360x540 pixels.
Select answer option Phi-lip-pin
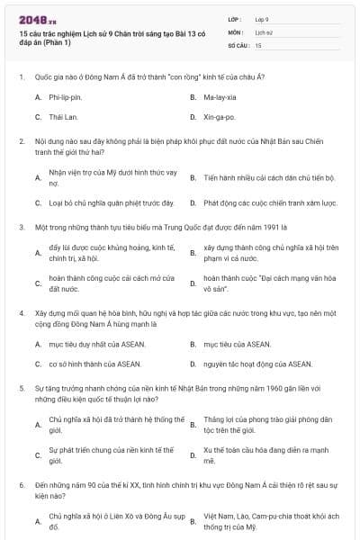pyautogui.click(x=65, y=95)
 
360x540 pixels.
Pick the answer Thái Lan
pyautogui.click(x=64, y=117)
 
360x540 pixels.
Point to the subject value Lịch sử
pyautogui.click(x=264, y=31)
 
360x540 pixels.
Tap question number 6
pyautogui.click(x=21, y=483)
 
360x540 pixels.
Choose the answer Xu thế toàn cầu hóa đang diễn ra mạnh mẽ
pyautogui.click(x=266, y=454)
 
